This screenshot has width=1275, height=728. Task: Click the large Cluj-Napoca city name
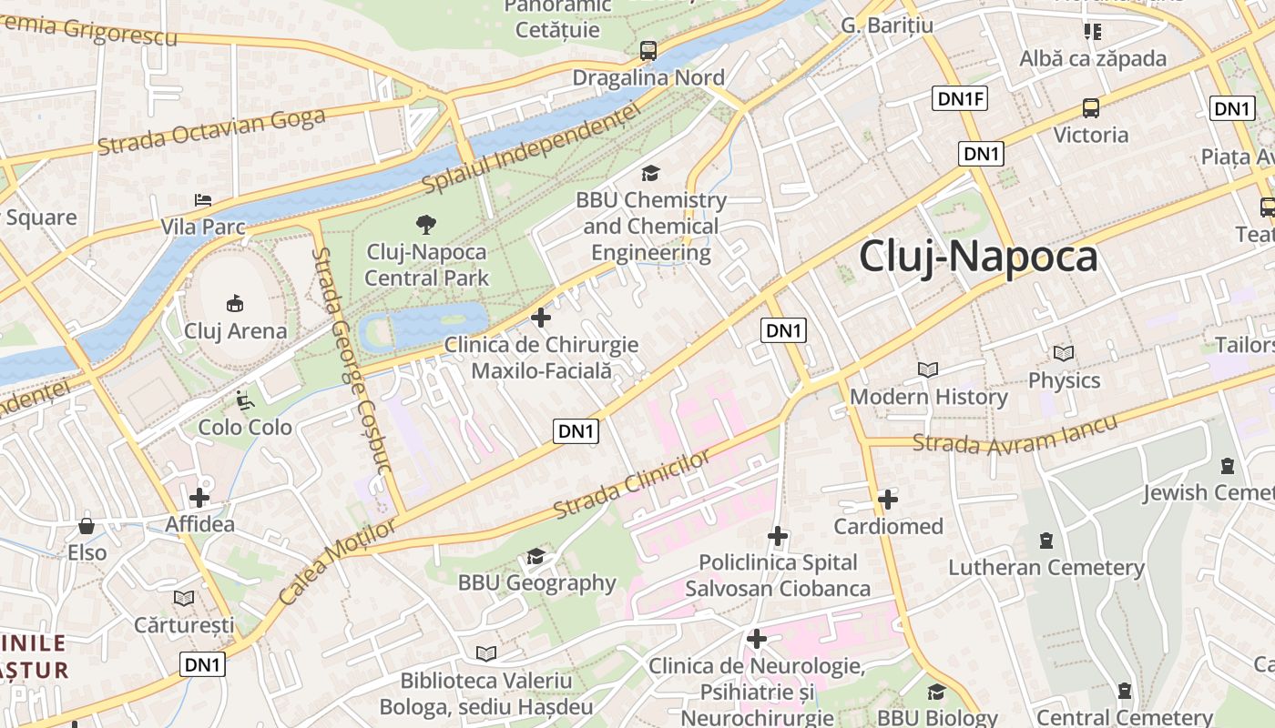click(x=978, y=257)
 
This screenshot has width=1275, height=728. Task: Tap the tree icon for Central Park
click(x=425, y=224)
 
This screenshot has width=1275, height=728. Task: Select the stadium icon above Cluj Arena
click(x=235, y=303)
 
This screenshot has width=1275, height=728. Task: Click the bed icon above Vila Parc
click(x=203, y=199)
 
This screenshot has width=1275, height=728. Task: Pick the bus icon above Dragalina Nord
click(x=648, y=51)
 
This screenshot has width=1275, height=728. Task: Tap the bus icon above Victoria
click(x=1090, y=108)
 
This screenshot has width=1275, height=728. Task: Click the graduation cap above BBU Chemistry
click(x=650, y=173)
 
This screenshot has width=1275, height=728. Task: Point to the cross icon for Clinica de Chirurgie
click(x=541, y=318)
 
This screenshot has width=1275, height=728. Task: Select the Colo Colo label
click(x=245, y=427)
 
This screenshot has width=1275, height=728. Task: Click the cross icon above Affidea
click(x=199, y=498)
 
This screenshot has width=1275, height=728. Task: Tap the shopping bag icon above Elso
click(x=87, y=526)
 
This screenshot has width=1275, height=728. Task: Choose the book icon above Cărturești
click(x=184, y=598)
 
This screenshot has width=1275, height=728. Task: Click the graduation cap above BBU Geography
click(x=535, y=556)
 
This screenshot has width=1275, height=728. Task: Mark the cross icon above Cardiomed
click(x=888, y=500)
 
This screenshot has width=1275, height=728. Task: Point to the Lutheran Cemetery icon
click(x=1045, y=541)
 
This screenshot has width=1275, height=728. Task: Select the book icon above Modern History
click(x=928, y=370)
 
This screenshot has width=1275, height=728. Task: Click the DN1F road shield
click(x=960, y=99)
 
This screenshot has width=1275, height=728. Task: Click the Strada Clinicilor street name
click(x=632, y=484)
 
